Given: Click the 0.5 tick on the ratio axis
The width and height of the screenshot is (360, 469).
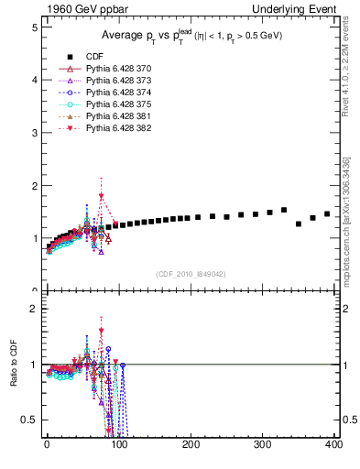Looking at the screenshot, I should [x=30, y=420].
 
